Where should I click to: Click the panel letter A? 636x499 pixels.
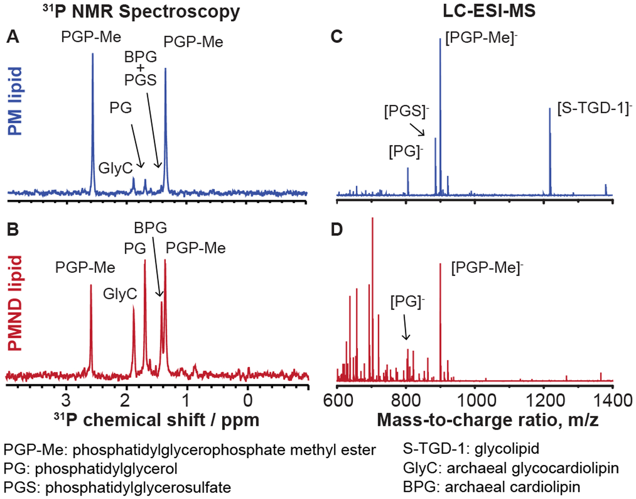(x=13, y=37)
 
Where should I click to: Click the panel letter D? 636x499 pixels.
(x=337, y=230)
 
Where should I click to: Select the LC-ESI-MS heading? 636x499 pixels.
(x=489, y=11)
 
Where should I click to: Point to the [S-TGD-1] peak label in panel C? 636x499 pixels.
(x=594, y=108)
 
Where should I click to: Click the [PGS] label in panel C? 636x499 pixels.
(x=406, y=111)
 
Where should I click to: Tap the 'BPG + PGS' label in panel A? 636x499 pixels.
(x=141, y=69)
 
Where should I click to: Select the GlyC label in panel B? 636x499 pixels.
(x=120, y=294)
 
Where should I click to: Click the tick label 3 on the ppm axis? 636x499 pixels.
(x=66, y=400)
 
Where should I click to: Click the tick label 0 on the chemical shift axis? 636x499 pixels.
(x=248, y=400)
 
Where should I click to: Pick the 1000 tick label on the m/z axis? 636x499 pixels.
(x=474, y=400)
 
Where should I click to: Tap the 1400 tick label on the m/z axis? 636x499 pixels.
(x=612, y=400)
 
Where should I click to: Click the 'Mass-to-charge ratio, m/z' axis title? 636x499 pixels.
(x=488, y=420)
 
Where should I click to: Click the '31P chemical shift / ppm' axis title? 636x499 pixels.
(x=156, y=420)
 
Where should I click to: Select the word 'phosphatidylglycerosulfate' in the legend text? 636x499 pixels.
(x=138, y=487)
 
